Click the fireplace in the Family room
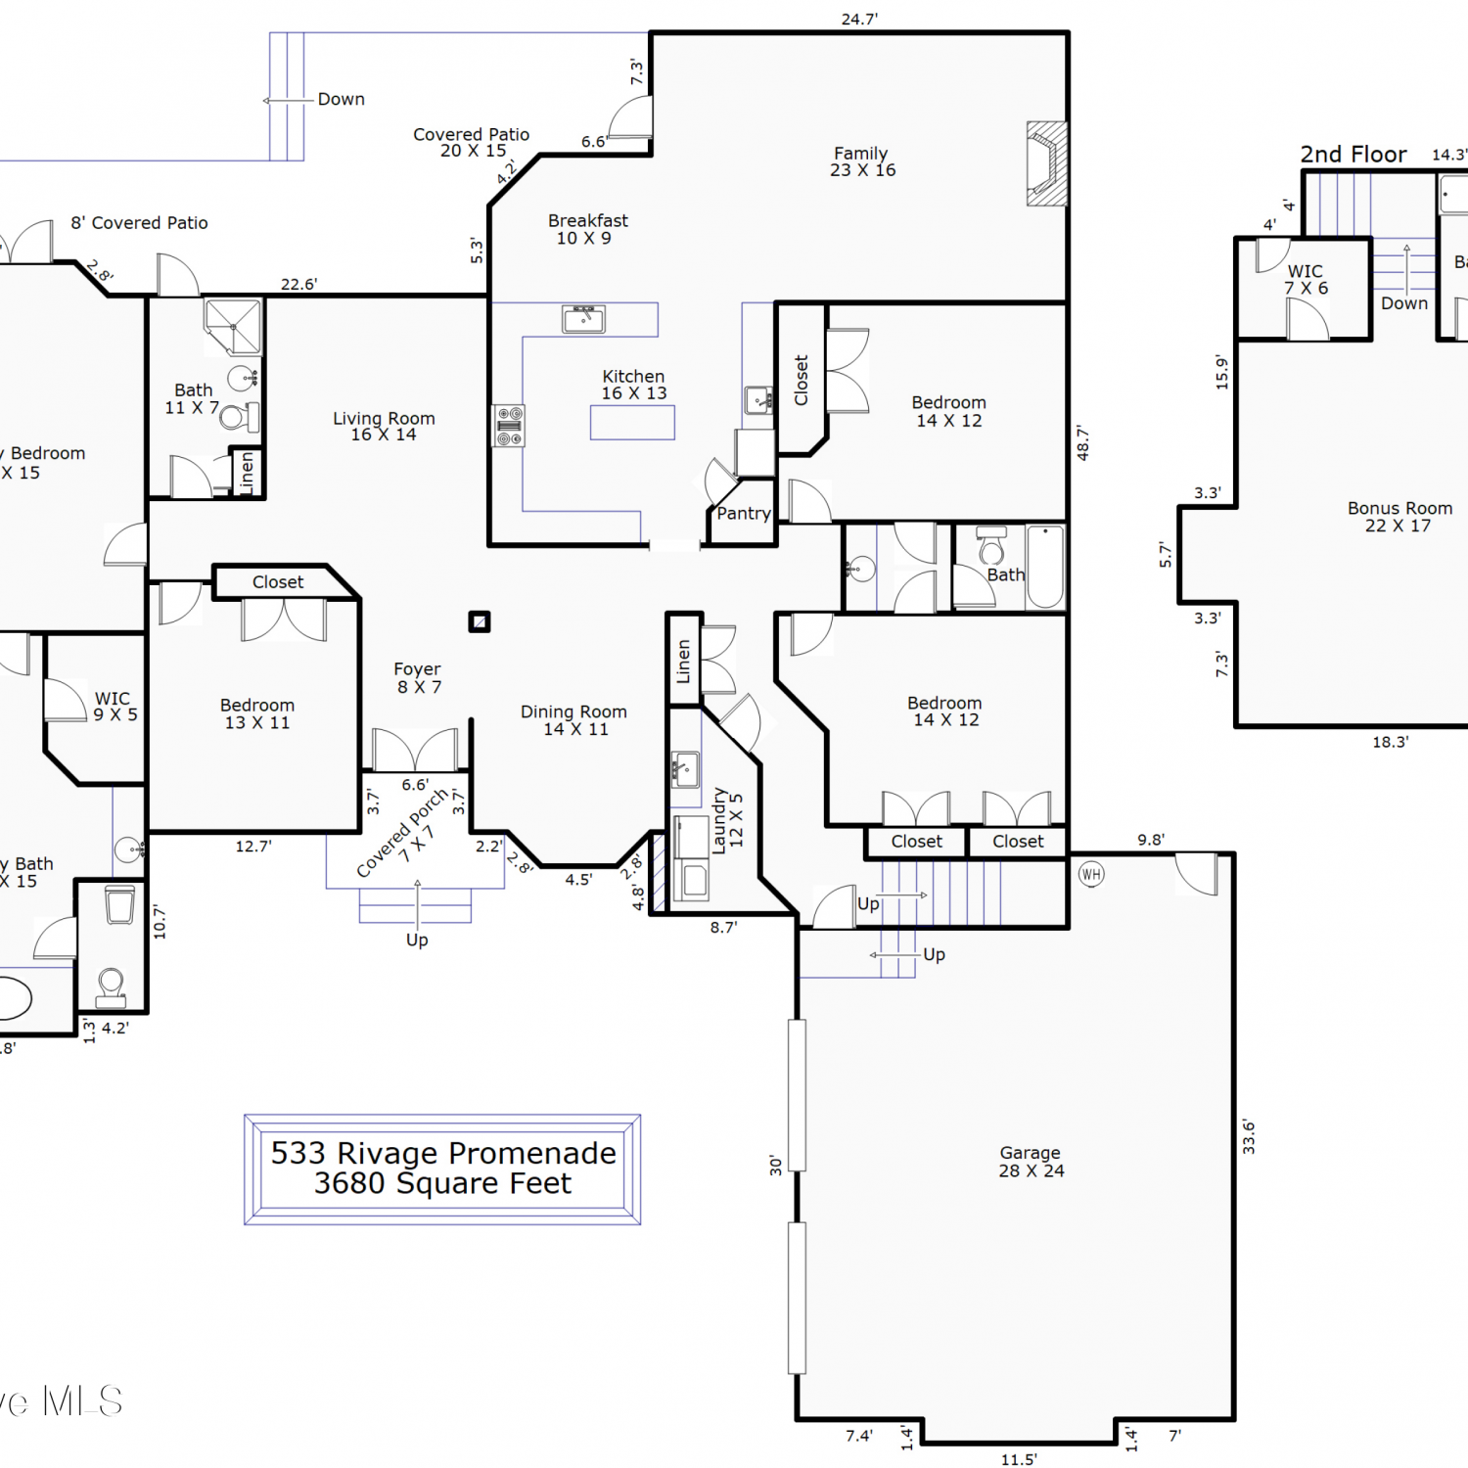1046,163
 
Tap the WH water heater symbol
1091,874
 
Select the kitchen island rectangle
632,422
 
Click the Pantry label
744,514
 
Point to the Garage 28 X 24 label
1032,1162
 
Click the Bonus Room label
1399,508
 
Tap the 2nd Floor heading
1353,155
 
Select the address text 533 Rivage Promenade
443,1153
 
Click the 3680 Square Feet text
442,1184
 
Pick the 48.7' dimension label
1082,442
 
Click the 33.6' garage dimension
1248,1137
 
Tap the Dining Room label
573,711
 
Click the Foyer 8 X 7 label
418,677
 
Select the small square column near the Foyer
480,621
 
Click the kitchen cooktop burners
509,426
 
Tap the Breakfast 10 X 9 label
587,229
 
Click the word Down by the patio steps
342,99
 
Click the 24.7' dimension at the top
859,19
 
